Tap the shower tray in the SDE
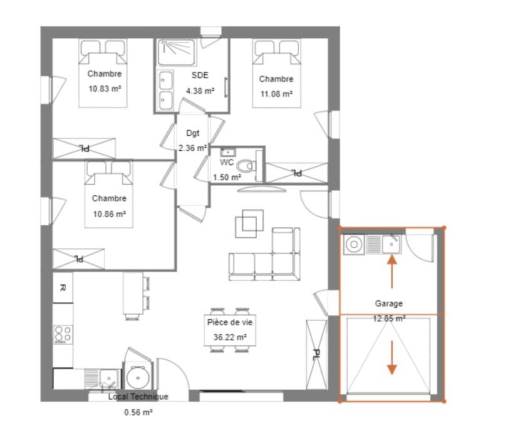tap(177, 53)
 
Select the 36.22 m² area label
tap(229, 337)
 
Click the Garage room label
tap(388, 303)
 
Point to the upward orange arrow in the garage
tap(392, 272)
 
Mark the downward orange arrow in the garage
tap(392, 358)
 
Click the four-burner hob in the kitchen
tap(63, 335)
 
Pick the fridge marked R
tap(63, 288)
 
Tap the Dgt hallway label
tap(193, 133)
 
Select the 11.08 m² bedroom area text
tap(276, 94)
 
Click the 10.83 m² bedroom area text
tap(105, 89)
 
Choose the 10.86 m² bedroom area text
tap(110, 214)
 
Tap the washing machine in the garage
tap(354, 245)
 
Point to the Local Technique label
tap(138, 397)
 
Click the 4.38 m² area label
tap(200, 91)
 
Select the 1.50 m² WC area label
tap(227, 177)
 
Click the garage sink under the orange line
tap(392, 244)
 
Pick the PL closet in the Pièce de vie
tap(316, 354)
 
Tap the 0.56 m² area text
tap(138, 412)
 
